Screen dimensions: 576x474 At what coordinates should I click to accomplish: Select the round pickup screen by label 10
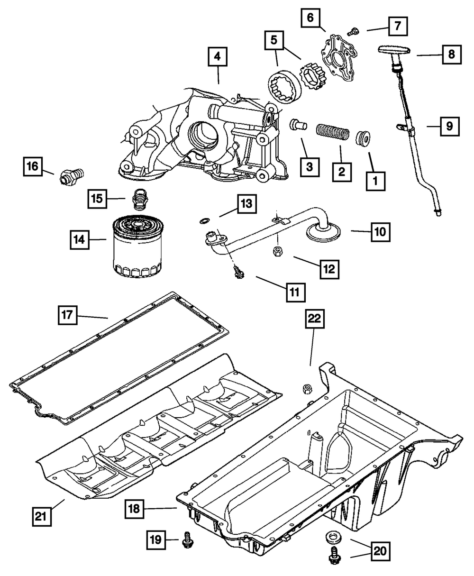pyautogui.click(x=323, y=232)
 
